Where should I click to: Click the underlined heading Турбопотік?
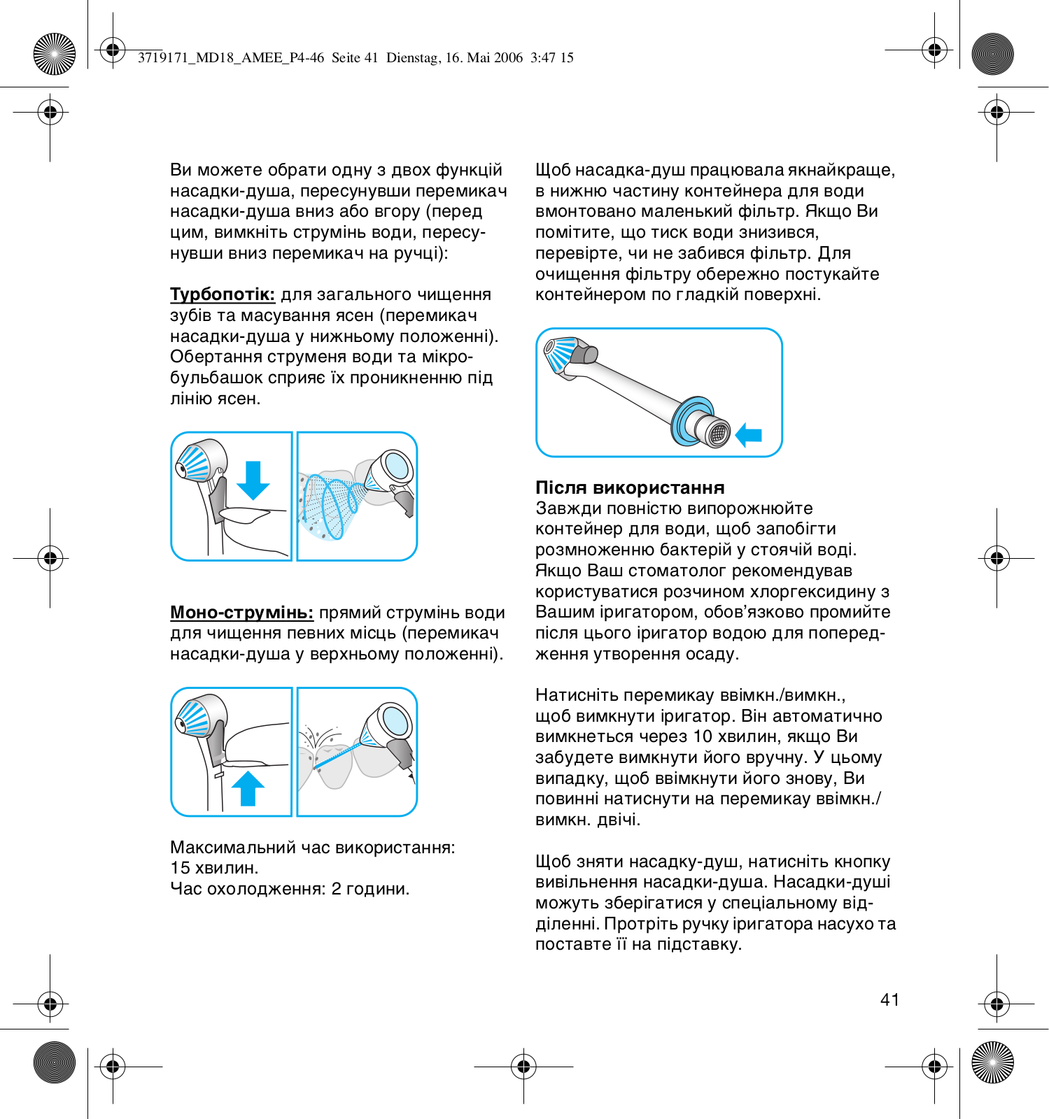point(223,294)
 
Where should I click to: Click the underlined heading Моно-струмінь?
point(241,613)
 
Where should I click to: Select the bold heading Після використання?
point(630,487)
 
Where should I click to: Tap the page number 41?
point(889,1000)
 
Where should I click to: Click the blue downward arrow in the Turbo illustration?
point(253,480)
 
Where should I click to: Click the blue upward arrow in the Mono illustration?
point(248,788)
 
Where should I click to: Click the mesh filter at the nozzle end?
point(719,434)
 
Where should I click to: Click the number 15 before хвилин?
point(180,868)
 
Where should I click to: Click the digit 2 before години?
point(337,889)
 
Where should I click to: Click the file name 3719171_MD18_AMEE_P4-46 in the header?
point(231,58)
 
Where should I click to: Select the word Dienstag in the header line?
point(413,58)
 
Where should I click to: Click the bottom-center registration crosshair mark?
point(523,1067)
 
